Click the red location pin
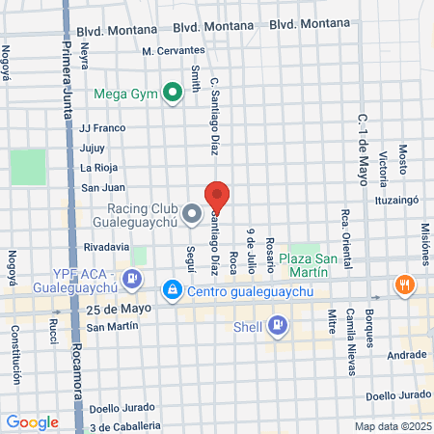tap(217, 196)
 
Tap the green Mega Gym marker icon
tap(173, 94)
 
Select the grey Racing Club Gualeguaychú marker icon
tap(192, 213)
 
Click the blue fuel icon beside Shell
tap(278, 324)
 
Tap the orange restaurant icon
tap(404, 285)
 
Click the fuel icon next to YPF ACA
tap(133, 281)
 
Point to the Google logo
tap(32, 421)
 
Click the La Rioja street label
tap(99, 168)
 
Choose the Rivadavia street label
tap(107, 247)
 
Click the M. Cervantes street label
tap(174, 50)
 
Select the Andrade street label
tap(406, 355)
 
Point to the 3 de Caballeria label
tap(124, 426)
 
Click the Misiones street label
tap(425, 245)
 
